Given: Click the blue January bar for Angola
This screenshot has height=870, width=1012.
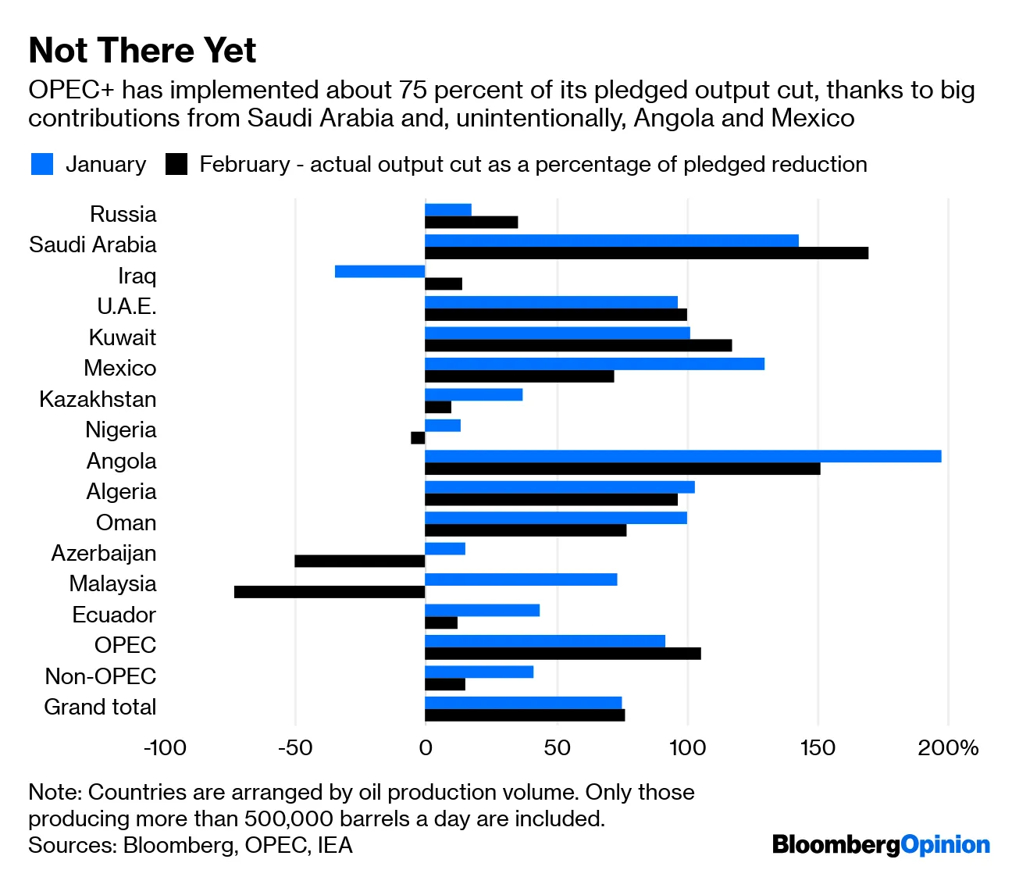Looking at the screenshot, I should tap(682, 456).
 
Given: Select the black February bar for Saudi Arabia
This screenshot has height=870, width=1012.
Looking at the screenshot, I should tap(646, 253).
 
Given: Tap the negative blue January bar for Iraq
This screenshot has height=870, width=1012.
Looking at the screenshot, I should tap(379, 272).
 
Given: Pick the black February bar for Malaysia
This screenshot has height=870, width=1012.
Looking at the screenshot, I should tap(330, 592).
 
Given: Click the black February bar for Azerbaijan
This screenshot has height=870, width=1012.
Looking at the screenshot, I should tap(359, 561).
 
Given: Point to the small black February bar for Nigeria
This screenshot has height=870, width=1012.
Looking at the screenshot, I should tap(418, 437).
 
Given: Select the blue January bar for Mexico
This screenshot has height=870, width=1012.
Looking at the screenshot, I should tap(594, 364).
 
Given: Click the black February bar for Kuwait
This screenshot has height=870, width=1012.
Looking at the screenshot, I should tap(578, 345).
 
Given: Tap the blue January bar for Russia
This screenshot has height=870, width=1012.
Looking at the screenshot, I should tap(448, 209).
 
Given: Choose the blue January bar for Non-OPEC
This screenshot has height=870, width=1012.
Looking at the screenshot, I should tap(479, 672).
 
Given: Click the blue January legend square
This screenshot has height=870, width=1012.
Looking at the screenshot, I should tap(42, 164).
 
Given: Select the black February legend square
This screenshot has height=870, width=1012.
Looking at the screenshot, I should tap(176, 164).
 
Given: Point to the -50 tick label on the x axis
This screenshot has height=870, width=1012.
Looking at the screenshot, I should tap(294, 748).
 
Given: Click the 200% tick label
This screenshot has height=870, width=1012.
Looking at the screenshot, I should tap(948, 748).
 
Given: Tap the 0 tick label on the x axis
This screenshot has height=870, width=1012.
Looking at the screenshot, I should tap(425, 748).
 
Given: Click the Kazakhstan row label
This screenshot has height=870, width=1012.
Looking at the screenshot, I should tap(98, 399).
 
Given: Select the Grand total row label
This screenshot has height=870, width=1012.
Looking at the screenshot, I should tap(100, 707).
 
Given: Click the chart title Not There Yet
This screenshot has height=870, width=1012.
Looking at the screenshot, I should tap(142, 51).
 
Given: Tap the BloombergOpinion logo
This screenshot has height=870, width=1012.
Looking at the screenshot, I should tap(881, 844).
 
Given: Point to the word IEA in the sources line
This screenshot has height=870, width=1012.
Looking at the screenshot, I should tap(335, 845).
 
